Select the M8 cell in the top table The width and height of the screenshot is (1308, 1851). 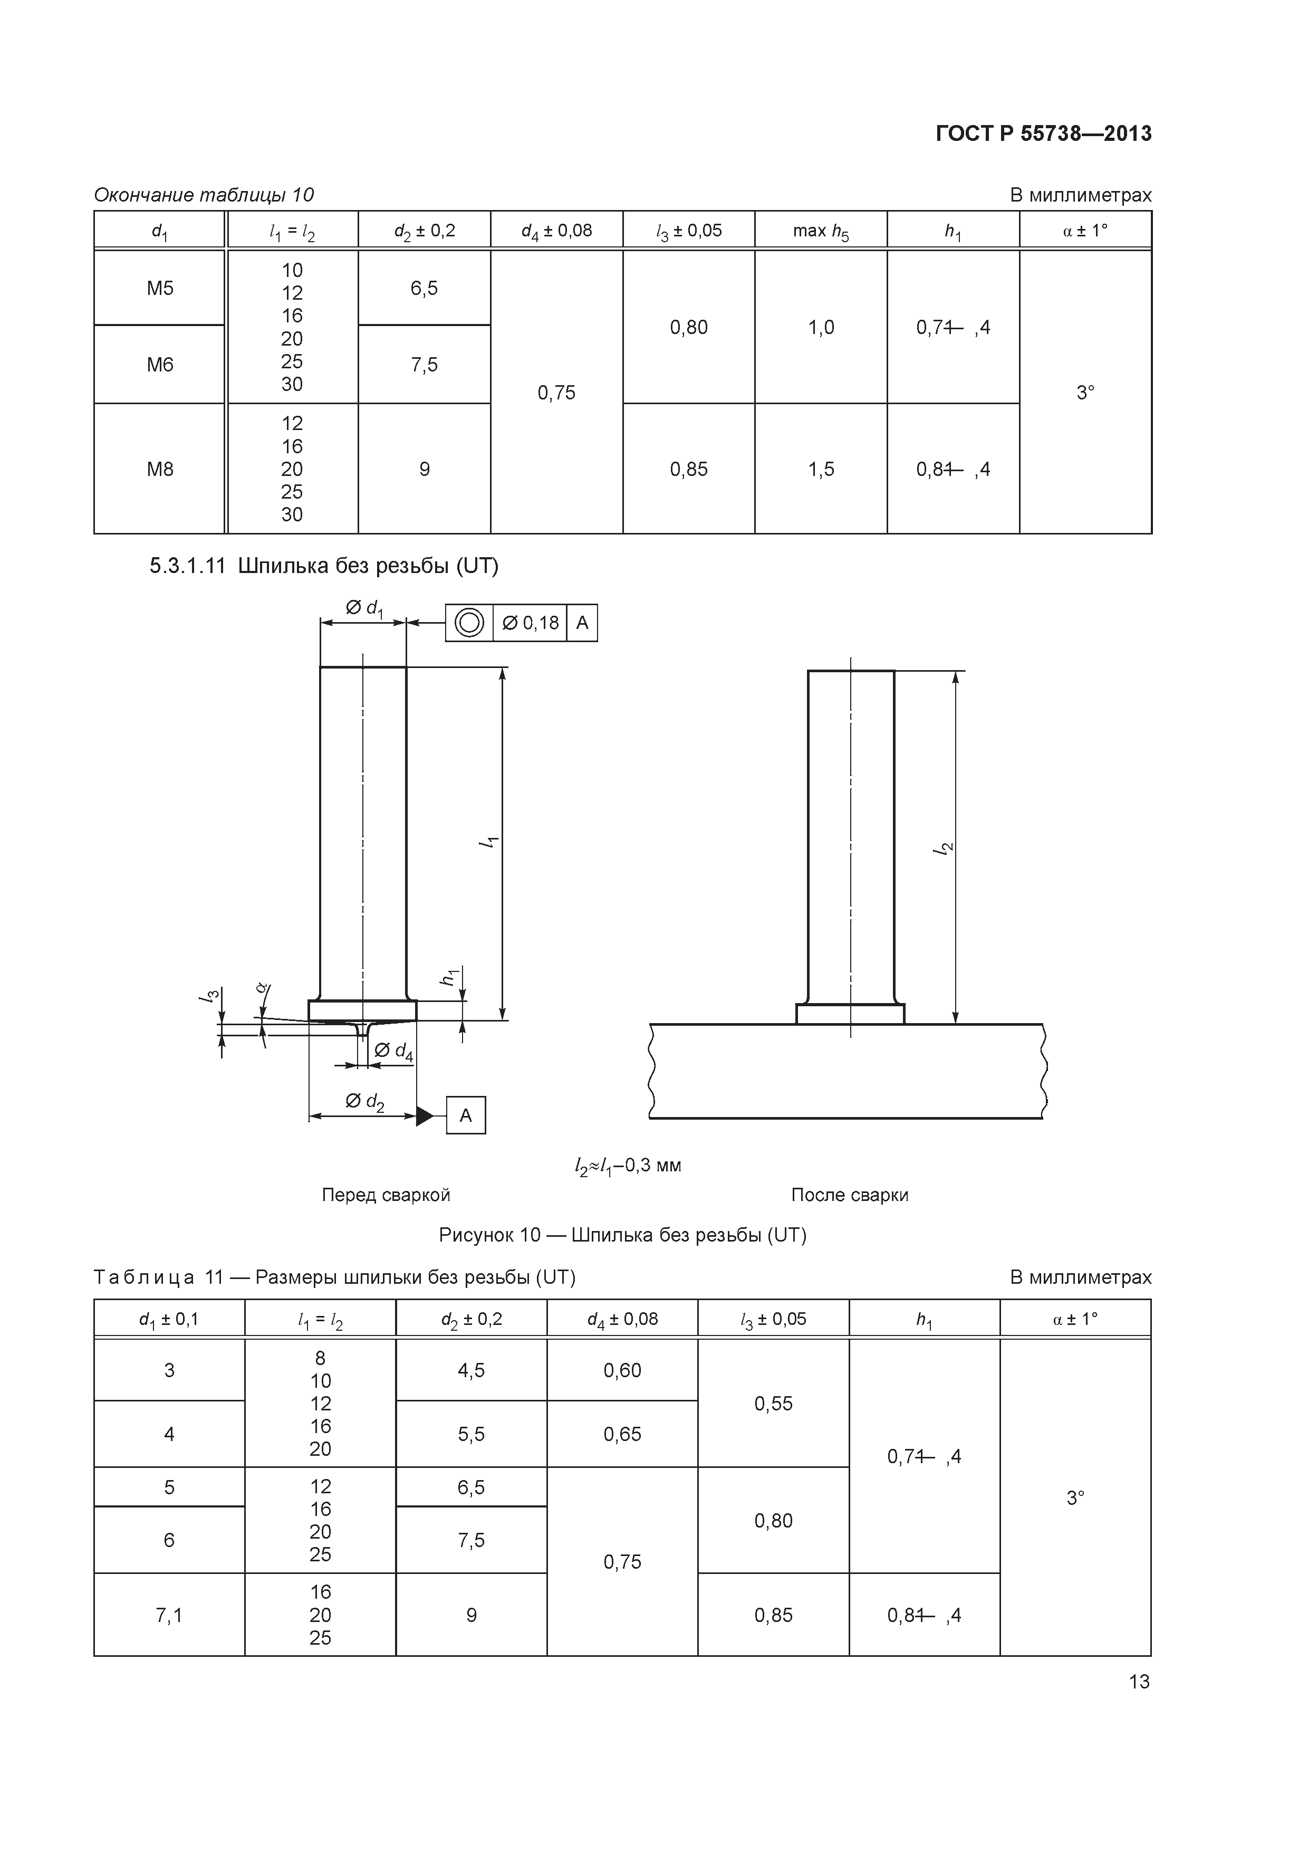coord(160,469)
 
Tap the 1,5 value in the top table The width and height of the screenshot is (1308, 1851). coord(821,469)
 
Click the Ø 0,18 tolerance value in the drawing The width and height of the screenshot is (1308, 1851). coord(530,623)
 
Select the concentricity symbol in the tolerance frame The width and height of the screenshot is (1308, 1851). coord(469,623)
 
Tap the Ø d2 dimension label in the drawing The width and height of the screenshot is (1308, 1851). coord(364,1101)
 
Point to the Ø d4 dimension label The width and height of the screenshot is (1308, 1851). coord(394,1051)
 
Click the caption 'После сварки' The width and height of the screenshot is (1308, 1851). coord(850,1195)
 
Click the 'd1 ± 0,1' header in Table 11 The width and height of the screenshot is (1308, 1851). coord(169,1320)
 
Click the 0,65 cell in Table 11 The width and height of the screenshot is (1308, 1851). coord(622,1434)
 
